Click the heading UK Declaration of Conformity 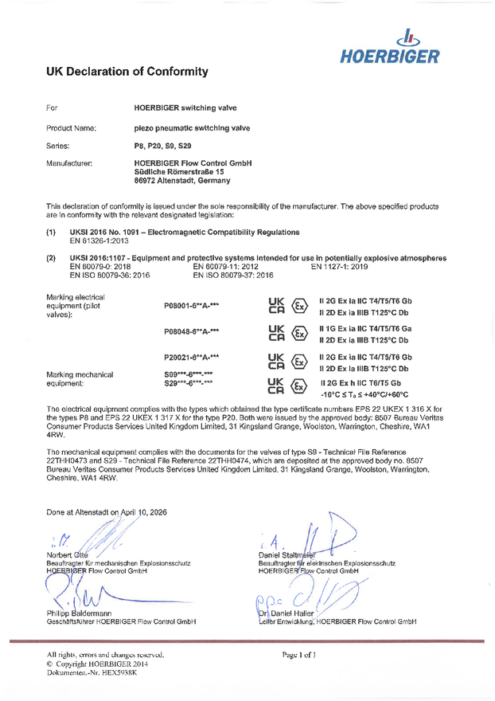pos(127,72)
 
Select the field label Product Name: pos(71,127)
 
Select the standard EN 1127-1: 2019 pos(338,267)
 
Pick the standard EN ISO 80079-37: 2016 pos(233,276)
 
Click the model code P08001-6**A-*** pos(191,305)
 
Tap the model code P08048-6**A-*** pos(191,331)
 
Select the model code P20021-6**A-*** pos(191,358)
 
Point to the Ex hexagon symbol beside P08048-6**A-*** pos(300,333)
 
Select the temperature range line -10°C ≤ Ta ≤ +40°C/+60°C pos(364,394)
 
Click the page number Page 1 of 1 pos(298,654)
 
